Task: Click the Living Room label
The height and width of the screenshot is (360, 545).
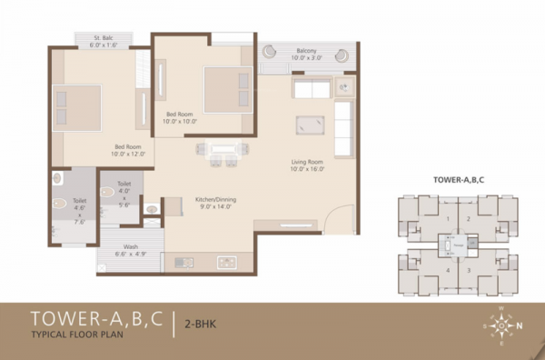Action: (307, 165)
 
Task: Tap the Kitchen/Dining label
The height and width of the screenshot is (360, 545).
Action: (216, 203)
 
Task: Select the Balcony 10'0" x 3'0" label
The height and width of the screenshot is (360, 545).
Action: (306, 54)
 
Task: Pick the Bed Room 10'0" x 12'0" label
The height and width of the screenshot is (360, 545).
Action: (127, 150)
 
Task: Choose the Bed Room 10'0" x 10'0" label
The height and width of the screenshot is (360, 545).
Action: (181, 117)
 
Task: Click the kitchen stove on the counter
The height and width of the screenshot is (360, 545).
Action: (225, 262)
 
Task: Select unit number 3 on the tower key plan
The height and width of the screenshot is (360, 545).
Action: (469, 270)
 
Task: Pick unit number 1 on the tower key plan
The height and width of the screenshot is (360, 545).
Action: (446, 218)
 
